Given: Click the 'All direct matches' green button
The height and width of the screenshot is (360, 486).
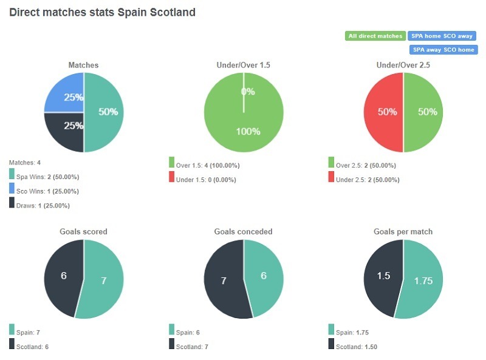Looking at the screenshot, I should pyautogui.click(x=375, y=36).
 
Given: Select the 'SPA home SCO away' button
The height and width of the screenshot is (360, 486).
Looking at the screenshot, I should pyautogui.click(x=442, y=36).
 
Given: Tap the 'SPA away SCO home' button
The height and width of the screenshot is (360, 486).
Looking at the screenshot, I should pyautogui.click(x=443, y=50).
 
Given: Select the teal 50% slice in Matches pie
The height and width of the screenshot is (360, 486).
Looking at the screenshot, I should pyautogui.click(x=104, y=112).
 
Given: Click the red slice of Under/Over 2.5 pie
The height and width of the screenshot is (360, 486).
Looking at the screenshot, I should pyautogui.click(x=383, y=112).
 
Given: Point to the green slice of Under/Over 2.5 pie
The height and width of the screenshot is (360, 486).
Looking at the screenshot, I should pyautogui.click(x=423, y=112).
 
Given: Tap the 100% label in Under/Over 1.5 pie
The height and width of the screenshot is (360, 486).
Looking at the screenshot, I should pyautogui.click(x=248, y=131).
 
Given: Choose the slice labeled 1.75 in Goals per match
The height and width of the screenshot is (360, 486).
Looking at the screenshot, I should pyautogui.click(x=424, y=281).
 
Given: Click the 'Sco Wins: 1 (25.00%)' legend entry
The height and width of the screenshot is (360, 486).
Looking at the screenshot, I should pyautogui.click(x=47, y=191).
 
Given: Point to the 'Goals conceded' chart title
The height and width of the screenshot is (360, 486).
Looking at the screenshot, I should pyautogui.click(x=243, y=231).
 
